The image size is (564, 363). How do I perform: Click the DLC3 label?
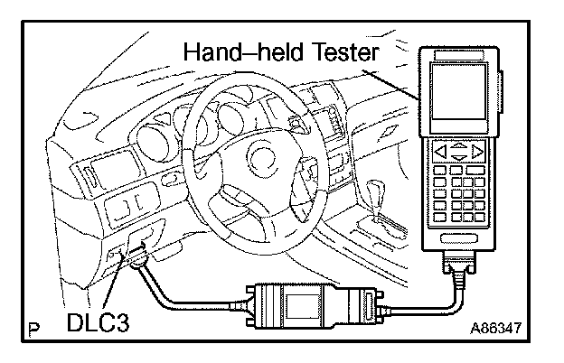pyautogui.click(x=95, y=321)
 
